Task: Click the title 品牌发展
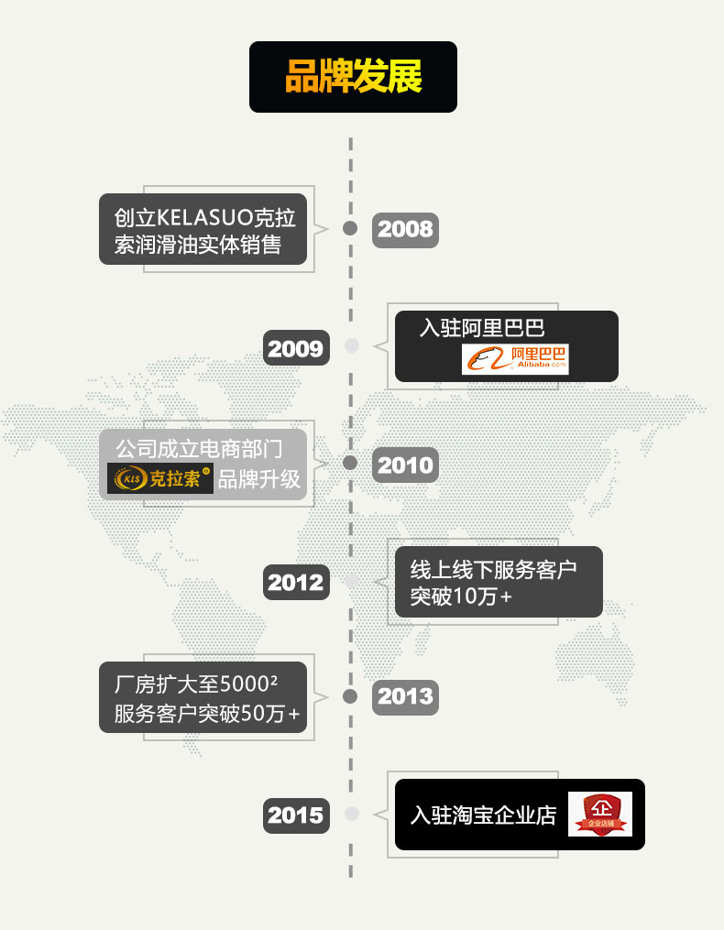pyautogui.click(x=353, y=77)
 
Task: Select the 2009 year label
pyautogui.click(x=296, y=348)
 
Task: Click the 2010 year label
pyautogui.click(x=405, y=465)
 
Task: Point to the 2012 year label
pyautogui.click(x=296, y=583)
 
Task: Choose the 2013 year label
pyautogui.click(x=405, y=697)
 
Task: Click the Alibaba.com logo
pyautogui.click(x=515, y=358)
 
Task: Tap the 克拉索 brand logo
pyautogui.click(x=160, y=478)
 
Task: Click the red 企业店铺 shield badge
pyautogui.click(x=600, y=814)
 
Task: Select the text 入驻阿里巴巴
pyautogui.click(x=482, y=328)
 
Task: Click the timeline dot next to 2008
pyautogui.click(x=350, y=228)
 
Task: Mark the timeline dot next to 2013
pyautogui.click(x=350, y=696)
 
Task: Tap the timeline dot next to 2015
pyautogui.click(x=351, y=814)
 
